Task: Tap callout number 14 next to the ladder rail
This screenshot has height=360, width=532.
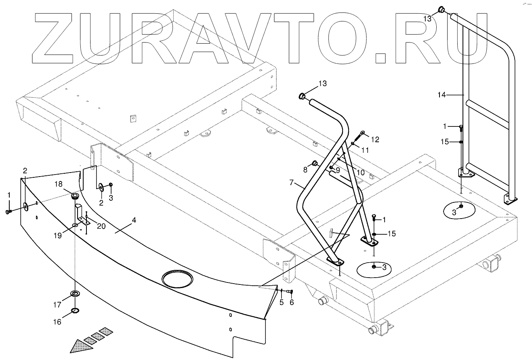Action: tap(442, 95)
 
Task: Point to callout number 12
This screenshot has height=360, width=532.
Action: tap(375, 140)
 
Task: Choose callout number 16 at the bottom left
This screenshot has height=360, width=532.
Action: tap(57, 322)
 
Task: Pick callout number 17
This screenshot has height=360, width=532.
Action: tap(57, 304)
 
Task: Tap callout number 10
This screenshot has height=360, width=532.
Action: tap(361, 173)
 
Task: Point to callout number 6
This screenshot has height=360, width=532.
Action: tap(292, 303)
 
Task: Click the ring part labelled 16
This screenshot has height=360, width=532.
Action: tap(75, 311)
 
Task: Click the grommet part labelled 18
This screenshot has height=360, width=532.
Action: tap(75, 196)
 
